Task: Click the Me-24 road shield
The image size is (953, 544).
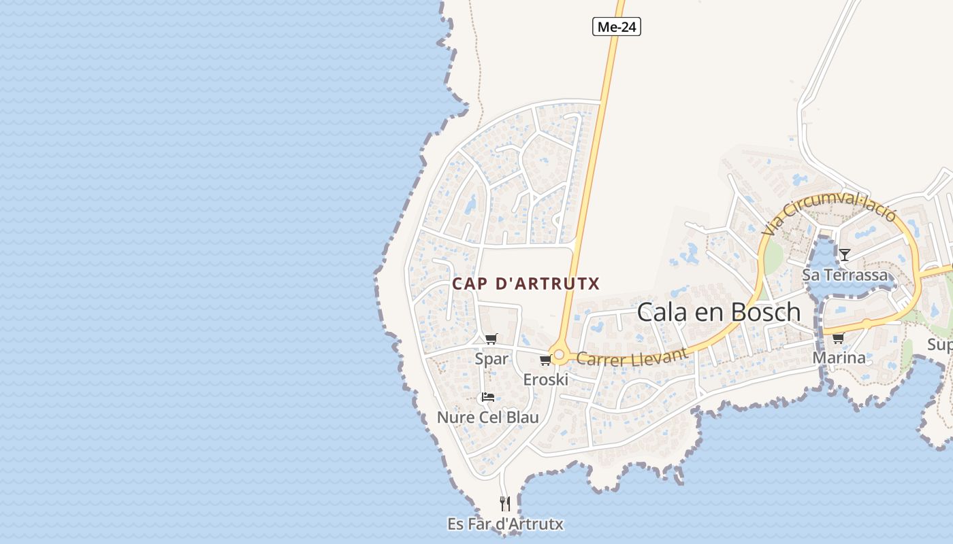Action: tap(617, 27)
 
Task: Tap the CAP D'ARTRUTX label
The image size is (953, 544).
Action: tap(526, 284)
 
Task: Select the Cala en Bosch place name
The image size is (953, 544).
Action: tap(719, 312)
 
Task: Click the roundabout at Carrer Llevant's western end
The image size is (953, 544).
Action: tap(559, 354)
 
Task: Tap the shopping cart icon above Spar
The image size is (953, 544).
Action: tap(491, 339)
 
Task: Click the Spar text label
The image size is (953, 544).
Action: tap(491, 358)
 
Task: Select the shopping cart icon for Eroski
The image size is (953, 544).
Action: tap(545, 360)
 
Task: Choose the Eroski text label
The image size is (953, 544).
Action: tap(545, 379)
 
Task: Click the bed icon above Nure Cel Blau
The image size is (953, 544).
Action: tap(487, 397)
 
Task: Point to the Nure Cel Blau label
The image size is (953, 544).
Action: tap(487, 417)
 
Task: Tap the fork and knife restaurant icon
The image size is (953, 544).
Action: tap(504, 504)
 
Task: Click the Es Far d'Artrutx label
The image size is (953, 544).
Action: tap(505, 524)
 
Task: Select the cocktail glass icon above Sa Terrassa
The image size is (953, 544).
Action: tap(845, 255)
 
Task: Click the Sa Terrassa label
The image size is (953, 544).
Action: tap(845, 275)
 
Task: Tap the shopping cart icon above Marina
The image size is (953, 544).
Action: tap(839, 338)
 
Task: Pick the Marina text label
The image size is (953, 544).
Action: tap(839, 358)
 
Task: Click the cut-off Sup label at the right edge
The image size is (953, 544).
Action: tap(940, 345)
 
